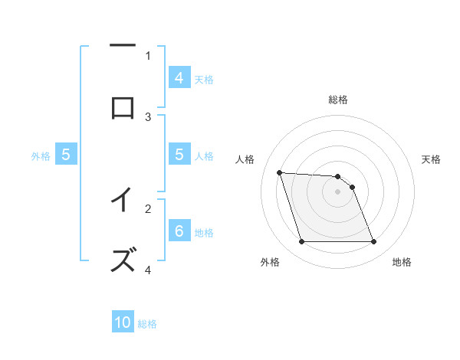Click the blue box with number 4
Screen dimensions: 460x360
pos(179,78)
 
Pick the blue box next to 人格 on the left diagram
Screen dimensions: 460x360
pos(179,155)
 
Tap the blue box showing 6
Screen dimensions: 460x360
pos(179,231)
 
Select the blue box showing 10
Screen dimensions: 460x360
pos(123,323)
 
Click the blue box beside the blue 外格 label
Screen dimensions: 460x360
pos(66,155)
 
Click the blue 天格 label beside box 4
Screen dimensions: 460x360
pos(204,79)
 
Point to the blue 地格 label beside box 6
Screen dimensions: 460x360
pos(204,232)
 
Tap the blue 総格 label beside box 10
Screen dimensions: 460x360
pos(147,324)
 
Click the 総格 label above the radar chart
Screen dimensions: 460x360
pos(338,100)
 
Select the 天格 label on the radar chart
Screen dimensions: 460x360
pos(431,159)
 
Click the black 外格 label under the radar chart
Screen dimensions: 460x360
pos(270,262)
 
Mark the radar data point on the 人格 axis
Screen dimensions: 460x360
pos(279,172)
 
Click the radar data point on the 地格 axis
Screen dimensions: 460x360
pos(373,242)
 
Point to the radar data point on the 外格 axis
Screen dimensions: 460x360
pos(301,242)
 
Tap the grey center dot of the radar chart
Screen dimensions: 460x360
pos(337,191)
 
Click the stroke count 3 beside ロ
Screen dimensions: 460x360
pos(148,116)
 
